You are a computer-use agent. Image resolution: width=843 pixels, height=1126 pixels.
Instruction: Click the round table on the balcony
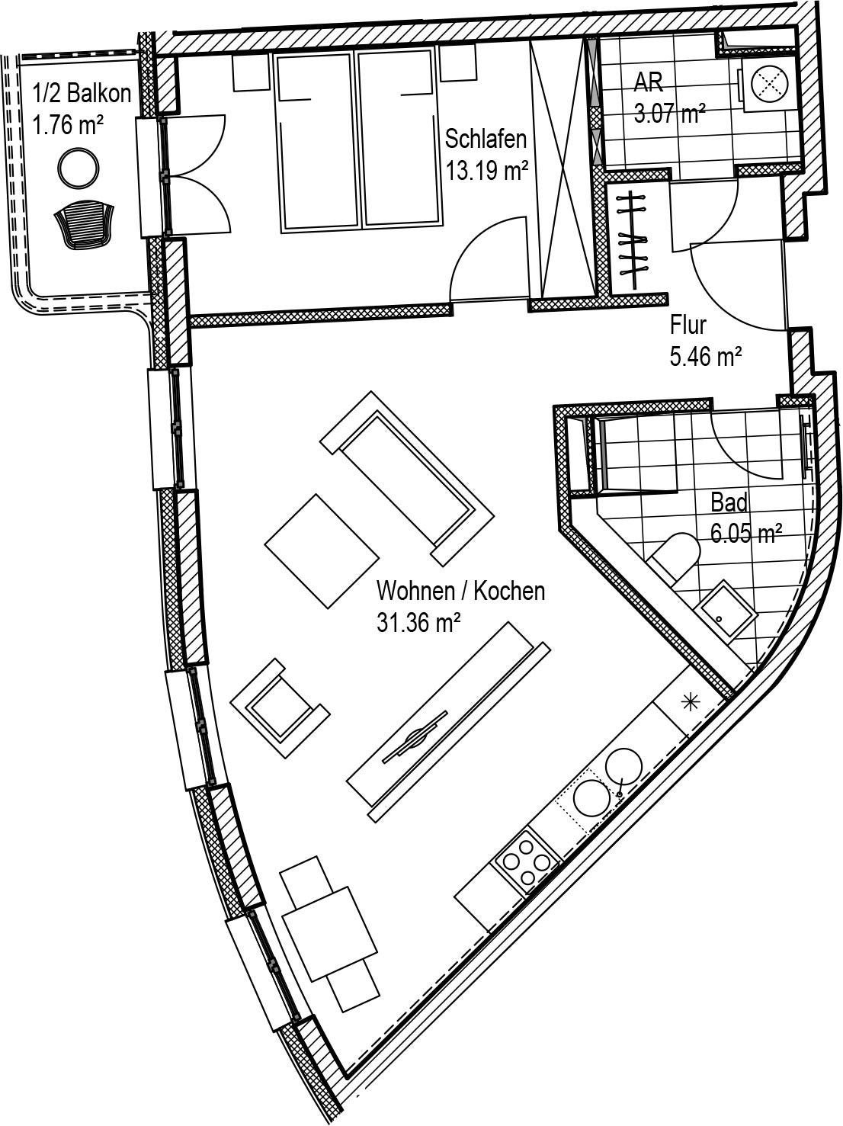(79, 167)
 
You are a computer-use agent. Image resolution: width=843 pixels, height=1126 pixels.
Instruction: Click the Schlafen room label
(486, 139)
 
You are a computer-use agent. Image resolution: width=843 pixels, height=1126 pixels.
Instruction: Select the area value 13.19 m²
(487, 170)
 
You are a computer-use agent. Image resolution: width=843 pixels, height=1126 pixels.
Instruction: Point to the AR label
(649, 82)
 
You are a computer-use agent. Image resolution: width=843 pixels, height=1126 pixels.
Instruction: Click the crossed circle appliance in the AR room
(769, 82)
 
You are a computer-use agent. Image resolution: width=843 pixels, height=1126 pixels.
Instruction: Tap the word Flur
(688, 325)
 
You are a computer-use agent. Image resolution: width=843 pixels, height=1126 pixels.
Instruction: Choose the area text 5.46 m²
(706, 355)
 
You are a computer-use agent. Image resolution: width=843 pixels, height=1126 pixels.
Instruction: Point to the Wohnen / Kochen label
(460, 591)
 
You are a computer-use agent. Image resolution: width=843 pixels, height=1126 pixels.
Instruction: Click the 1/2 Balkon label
(82, 94)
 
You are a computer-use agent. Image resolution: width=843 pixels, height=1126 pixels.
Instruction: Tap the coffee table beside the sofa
(322, 550)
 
